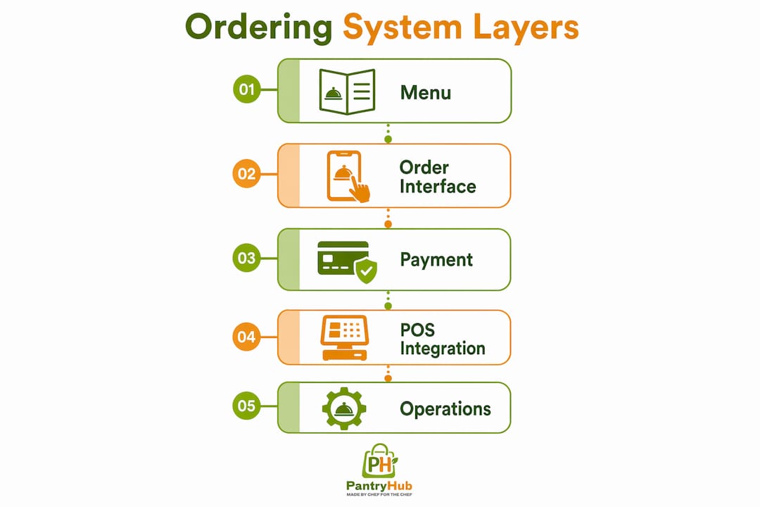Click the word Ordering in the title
pos(258,28)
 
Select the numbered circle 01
pos(247,89)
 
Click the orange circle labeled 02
pos(247,174)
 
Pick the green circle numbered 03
pos(247,258)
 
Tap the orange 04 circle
pos(247,337)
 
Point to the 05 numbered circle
pos(247,406)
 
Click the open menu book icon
pos(347,92)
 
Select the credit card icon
pos(343,258)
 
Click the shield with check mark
pos(366,270)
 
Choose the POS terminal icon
pos(345,338)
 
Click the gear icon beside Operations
pos(344,408)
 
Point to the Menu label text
pos(426,92)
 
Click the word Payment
pos(436,260)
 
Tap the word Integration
pos(443,349)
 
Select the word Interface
pos(438,187)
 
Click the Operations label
pos(445,409)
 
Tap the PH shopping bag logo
pos(380,461)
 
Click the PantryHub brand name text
pos(379,486)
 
